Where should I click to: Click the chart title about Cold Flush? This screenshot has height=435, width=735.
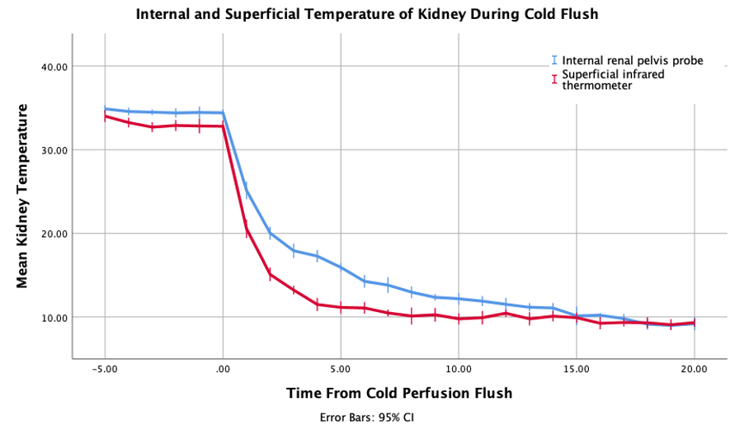[x=366, y=14]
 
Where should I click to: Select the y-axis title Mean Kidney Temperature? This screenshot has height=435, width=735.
[x=22, y=195]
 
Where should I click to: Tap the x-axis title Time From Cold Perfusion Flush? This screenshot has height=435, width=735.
[x=399, y=393]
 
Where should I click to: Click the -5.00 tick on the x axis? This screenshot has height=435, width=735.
[x=104, y=370]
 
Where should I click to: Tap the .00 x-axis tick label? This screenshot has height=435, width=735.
[x=223, y=370]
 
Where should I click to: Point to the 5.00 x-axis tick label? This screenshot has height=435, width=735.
[x=340, y=370]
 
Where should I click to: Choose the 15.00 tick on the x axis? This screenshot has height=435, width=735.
[x=576, y=370]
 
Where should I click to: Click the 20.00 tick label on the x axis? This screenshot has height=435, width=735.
[x=694, y=370]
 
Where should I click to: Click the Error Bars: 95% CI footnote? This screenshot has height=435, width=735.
[x=366, y=417]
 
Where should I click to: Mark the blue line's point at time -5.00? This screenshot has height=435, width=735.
[x=105, y=109]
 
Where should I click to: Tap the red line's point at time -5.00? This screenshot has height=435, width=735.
[x=105, y=116]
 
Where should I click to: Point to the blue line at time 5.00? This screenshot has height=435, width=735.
[x=341, y=267]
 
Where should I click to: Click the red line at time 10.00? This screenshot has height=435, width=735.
[x=459, y=319]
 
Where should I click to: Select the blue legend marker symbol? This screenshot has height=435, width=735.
[x=554, y=60]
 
